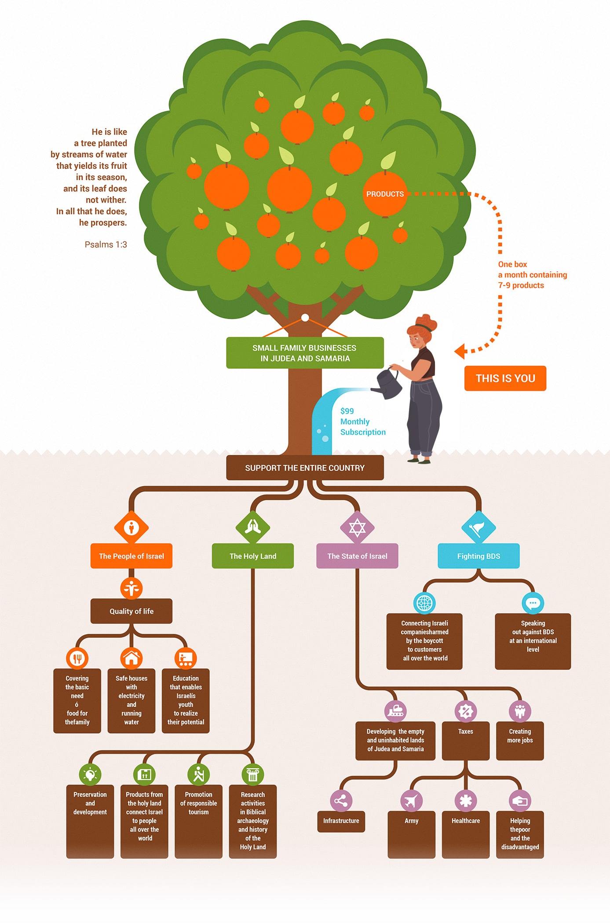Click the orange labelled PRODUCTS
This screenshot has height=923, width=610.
click(385, 194)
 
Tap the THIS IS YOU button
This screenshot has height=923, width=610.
click(505, 378)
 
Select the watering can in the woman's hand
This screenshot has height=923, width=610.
click(388, 383)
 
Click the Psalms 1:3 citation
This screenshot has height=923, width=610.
click(106, 244)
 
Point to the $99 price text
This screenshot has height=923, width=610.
click(347, 411)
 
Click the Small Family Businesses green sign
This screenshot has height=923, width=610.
click(305, 353)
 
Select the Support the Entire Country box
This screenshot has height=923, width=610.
click(305, 468)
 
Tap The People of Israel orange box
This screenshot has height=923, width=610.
click(131, 556)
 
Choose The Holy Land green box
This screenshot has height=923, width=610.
click(253, 556)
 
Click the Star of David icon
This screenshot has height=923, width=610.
click(357, 527)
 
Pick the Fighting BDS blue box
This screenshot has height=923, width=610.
click(479, 556)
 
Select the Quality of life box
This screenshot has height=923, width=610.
click(131, 611)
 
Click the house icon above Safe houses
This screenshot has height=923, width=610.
click(131, 658)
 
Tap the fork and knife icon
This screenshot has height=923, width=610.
click(77, 658)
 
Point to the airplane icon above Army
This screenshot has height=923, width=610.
click(411, 801)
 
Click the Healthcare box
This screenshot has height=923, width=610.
click(466, 834)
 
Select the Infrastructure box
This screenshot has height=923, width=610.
click(341, 821)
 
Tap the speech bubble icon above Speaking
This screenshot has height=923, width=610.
click(533, 603)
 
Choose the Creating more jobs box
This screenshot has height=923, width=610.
click(520, 741)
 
